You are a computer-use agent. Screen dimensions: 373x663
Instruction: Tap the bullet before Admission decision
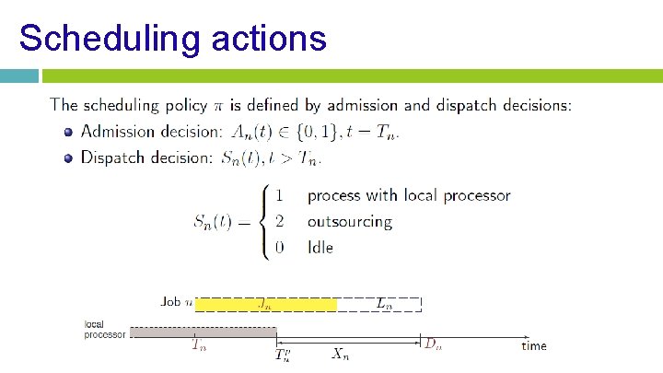click(x=68, y=133)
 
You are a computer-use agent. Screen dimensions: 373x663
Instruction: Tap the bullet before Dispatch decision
click(x=68, y=158)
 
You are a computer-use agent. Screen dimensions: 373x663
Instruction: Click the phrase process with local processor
click(x=409, y=195)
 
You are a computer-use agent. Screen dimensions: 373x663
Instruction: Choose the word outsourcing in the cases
click(x=350, y=221)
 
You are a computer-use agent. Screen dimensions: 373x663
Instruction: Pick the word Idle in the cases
click(x=320, y=247)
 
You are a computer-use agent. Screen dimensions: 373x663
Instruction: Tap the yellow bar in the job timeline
click(x=267, y=303)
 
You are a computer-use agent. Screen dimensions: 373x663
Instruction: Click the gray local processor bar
click(x=203, y=332)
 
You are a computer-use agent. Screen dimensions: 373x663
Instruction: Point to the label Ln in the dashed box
click(x=384, y=302)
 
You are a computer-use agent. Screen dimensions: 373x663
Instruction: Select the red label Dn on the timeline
click(x=432, y=344)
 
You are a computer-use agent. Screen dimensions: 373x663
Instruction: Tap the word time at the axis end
click(x=534, y=346)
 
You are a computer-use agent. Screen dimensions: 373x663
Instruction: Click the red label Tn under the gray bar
click(x=199, y=346)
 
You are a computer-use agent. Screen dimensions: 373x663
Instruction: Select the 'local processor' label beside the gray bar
click(x=104, y=330)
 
